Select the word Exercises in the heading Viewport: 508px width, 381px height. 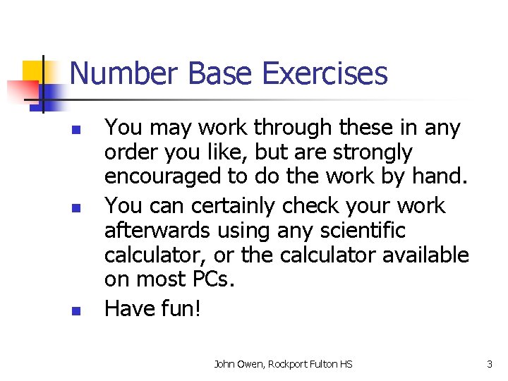point(325,73)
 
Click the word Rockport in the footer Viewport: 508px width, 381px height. point(287,364)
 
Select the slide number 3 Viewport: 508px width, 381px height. point(489,364)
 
